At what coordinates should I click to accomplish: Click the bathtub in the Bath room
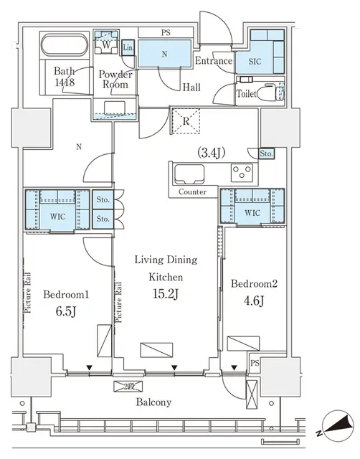click(x=65, y=48)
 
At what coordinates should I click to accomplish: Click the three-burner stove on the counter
click(x=242, y=174)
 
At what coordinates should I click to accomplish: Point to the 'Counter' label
click(x=191, y=192)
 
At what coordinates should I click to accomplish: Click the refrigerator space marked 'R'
click(x=186, y=120)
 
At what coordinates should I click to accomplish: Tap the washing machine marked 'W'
click(x=106, y=44)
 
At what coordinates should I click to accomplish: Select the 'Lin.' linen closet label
click(x=128, y=48)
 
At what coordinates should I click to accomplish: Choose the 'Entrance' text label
click(x=214, y=61)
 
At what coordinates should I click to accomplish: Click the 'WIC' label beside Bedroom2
click(x=252, y=214)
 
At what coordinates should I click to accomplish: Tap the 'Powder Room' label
click(x=114, y=80)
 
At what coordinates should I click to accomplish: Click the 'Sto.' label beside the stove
click(x=267, y=153)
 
